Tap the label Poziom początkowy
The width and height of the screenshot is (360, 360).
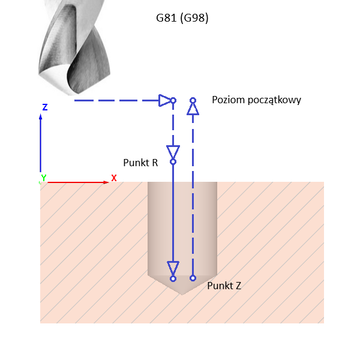pos(256,100)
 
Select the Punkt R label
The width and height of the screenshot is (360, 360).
pos(140,162)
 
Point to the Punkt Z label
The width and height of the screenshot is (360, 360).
pos(224,286)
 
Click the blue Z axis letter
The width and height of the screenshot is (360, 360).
pos(45,107)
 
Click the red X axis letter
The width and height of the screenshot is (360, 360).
pos(113,178)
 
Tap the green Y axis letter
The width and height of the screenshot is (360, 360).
pos(43,178)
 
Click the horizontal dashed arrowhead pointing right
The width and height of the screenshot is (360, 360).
pos(165,100)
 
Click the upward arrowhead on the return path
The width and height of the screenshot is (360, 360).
pos(193,108)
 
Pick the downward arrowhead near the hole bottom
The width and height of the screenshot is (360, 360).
pos(173,268)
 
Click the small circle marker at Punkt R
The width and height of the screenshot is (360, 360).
pos(173,161)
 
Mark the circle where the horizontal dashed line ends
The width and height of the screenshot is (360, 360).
pos(173,100)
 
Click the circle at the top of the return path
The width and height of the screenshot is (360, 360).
pos(193,100)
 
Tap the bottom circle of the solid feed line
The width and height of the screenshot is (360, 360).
pos(173,278)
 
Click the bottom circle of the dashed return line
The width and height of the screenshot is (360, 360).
pos(193,278)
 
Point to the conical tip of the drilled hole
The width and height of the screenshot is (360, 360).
pos(182,287)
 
